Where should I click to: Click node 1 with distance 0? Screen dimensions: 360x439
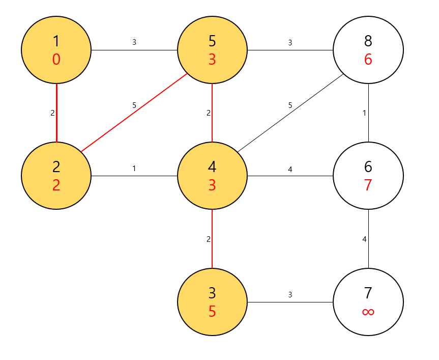[56, 50]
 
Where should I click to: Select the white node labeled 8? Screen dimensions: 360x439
[368, 50]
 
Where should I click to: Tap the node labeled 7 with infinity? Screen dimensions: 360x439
[368, 301]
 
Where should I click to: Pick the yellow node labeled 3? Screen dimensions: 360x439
[212, 301]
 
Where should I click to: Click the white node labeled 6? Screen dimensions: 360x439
[368, 176]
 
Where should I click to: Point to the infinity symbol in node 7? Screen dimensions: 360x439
[368, 312]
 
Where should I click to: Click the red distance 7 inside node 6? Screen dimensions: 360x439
[368, 185]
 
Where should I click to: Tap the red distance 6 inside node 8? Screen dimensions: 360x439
[368, 60]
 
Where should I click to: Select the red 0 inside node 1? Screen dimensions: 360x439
[56, 60]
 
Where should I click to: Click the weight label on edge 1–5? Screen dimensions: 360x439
[134, 43]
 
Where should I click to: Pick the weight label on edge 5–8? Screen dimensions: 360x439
[290, 43]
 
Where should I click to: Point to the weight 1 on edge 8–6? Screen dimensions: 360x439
[364, 113]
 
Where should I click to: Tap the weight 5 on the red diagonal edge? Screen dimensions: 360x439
[134, 105]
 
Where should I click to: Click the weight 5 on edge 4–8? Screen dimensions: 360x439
[290, 105]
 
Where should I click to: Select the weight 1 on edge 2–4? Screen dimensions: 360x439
[134, 169]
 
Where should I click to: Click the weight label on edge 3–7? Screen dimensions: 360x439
[290, 294]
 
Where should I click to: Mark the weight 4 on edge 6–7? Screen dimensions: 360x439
[364, 239]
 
